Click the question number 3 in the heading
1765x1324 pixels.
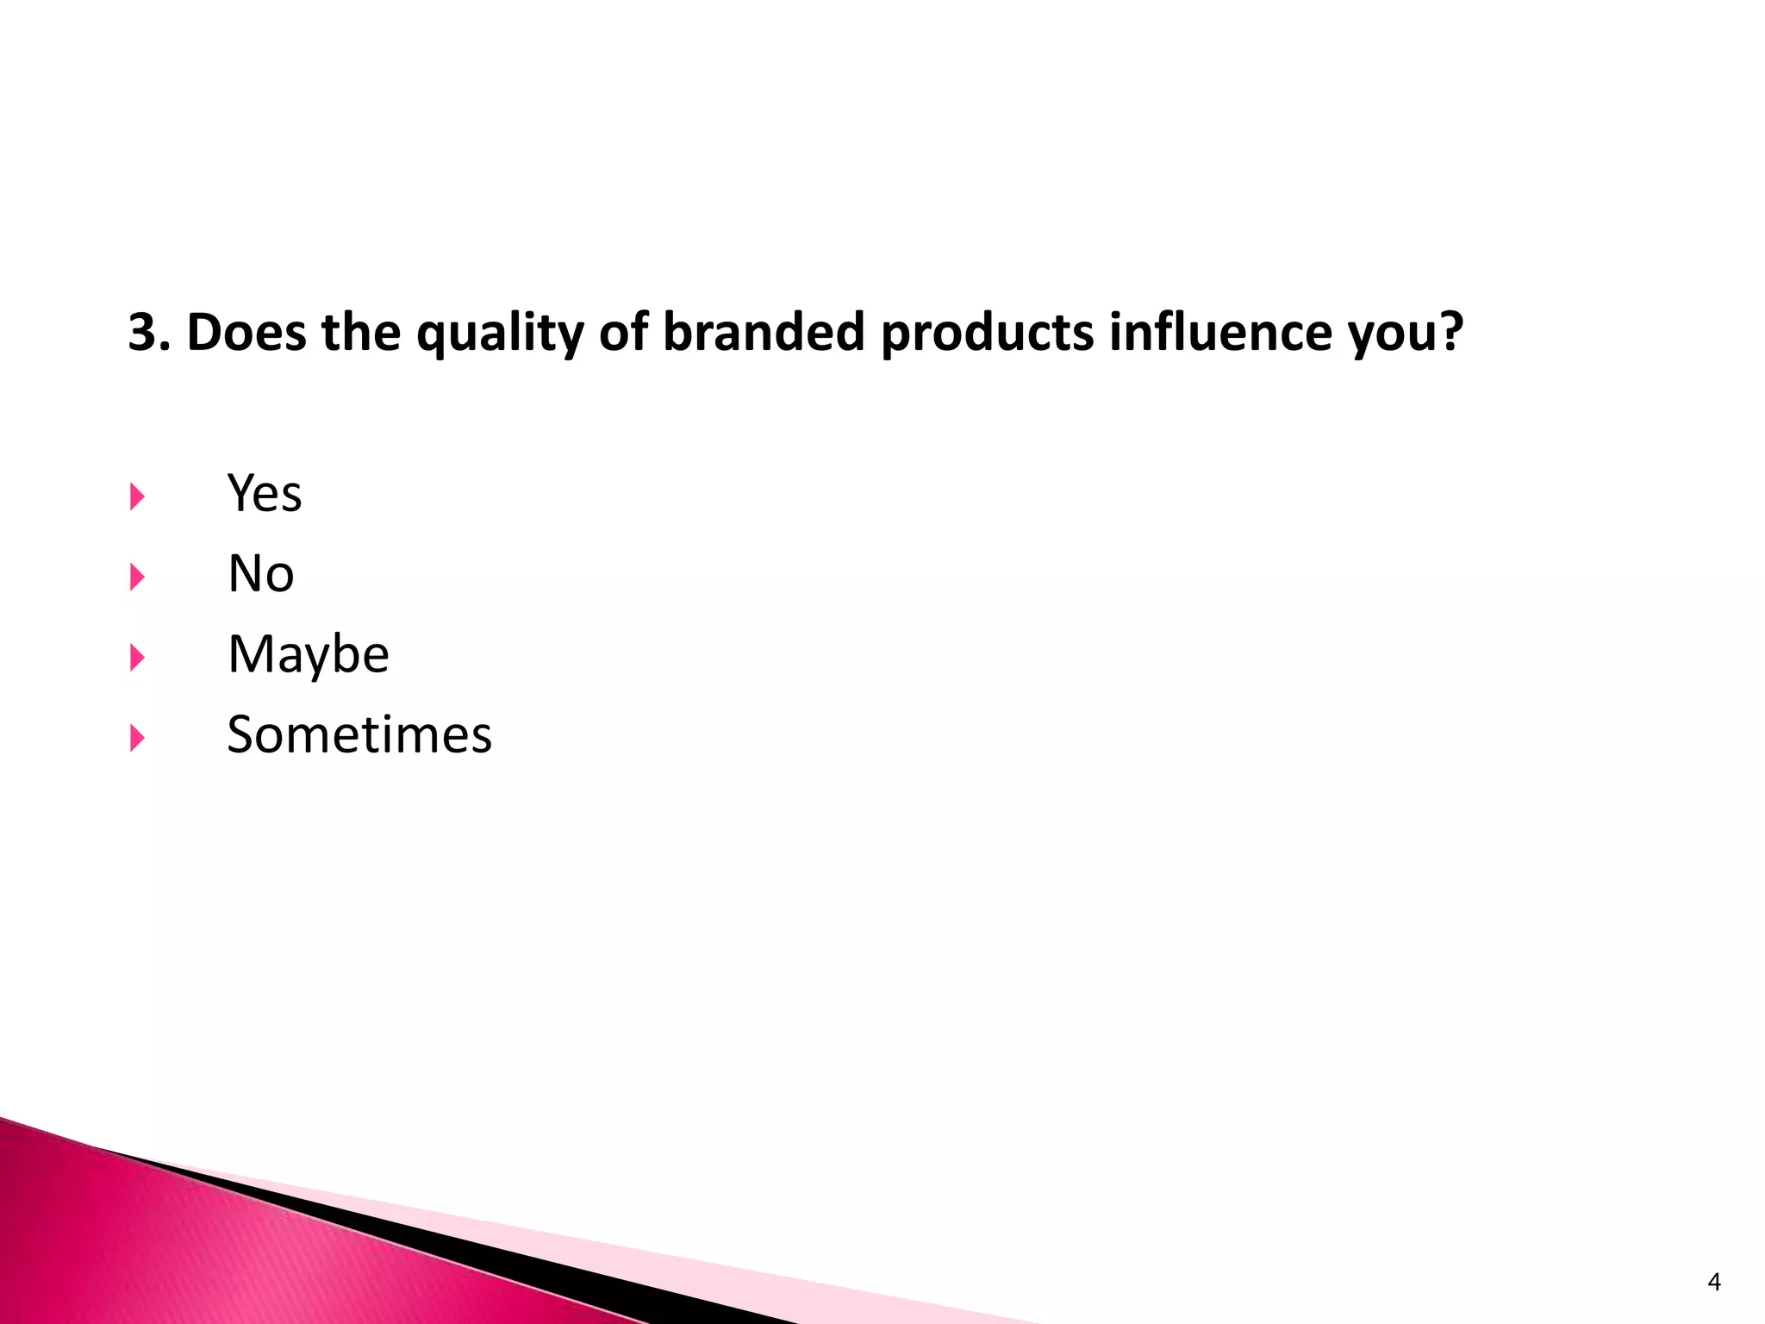point(143,333)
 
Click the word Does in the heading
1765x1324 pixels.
point(246,333)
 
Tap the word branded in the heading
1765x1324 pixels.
point(764,333)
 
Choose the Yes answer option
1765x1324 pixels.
point(265,494)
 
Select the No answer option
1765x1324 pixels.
point(260,574)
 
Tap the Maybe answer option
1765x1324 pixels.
point(308,655)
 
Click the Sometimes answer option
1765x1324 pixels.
point(359,735)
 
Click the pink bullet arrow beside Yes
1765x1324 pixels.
point(137,496)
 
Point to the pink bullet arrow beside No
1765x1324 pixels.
point(137,577)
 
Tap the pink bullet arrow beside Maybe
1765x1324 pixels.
point(137,658)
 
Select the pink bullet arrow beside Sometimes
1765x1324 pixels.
point(137,738)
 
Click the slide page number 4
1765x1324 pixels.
point(1713,1283)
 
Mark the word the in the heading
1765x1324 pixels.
point(360,333)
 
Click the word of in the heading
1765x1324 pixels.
point(623,333)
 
